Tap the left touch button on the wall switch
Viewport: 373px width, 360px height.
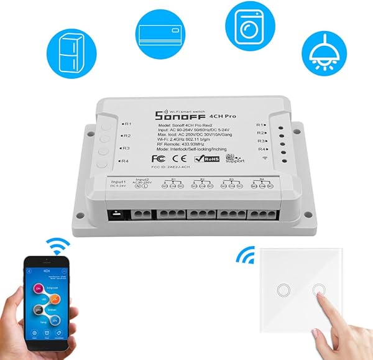point(283,290)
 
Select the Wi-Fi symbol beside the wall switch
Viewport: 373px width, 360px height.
point(246,256)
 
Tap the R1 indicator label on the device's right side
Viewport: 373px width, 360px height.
point(260,124)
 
